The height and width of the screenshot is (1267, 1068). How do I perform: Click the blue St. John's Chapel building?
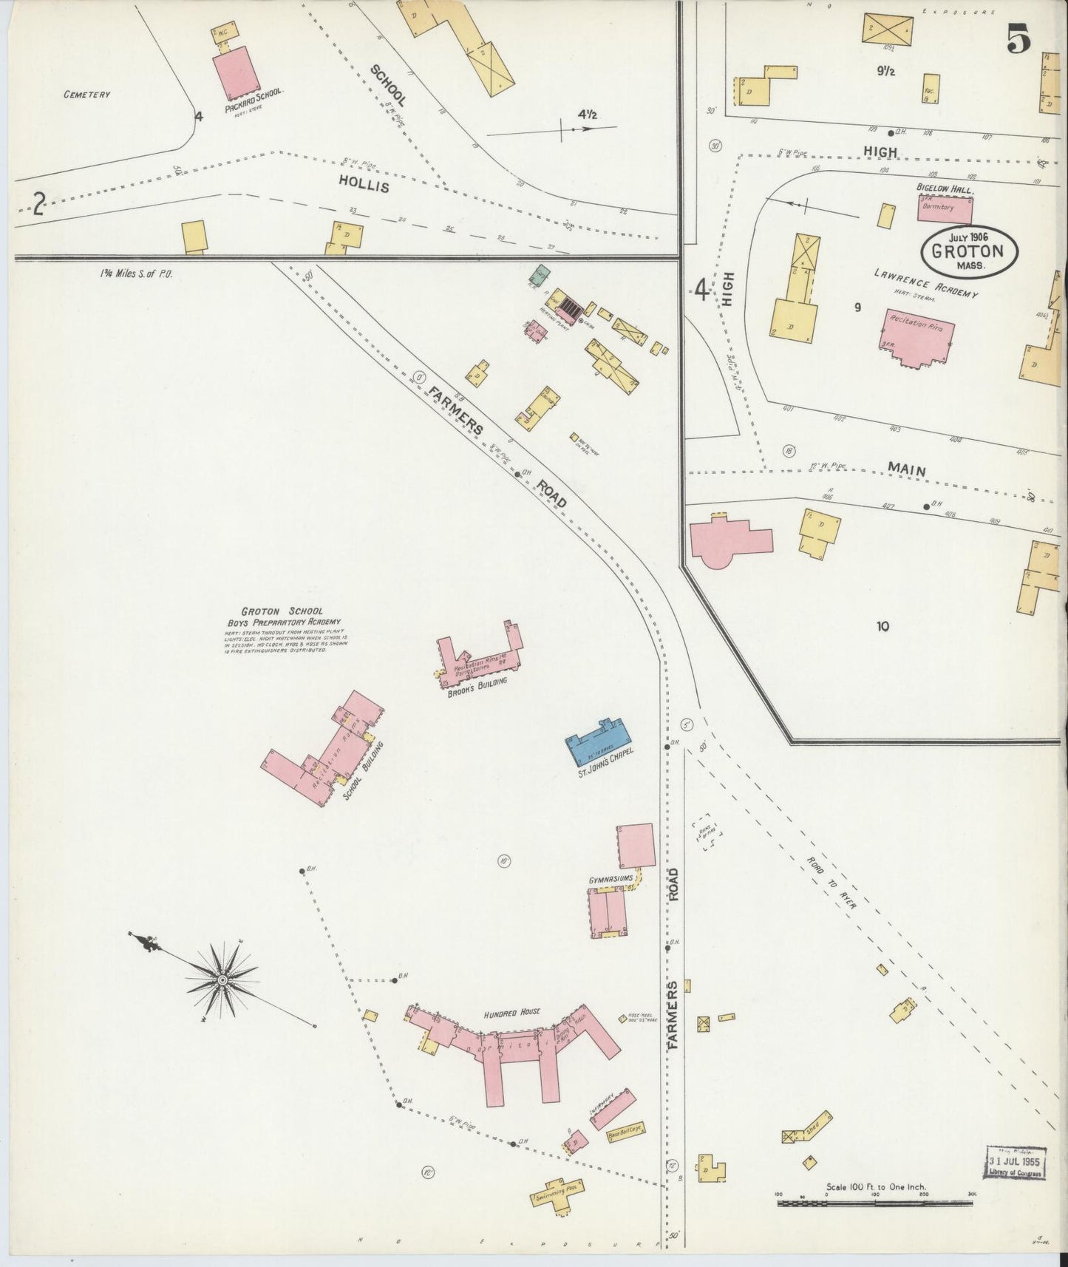(x=599, y=741)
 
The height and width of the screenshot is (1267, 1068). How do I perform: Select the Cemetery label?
(x=86, y=95)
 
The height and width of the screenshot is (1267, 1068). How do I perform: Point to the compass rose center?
(x=222, y=979)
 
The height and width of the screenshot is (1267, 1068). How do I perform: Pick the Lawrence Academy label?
(x=925, y=283)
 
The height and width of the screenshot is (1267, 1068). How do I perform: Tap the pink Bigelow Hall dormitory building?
(x=946, y=208)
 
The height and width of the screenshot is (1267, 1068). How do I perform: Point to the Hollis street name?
(x=364, y=185)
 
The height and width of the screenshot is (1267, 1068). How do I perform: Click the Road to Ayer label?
(x=827, y=888)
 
